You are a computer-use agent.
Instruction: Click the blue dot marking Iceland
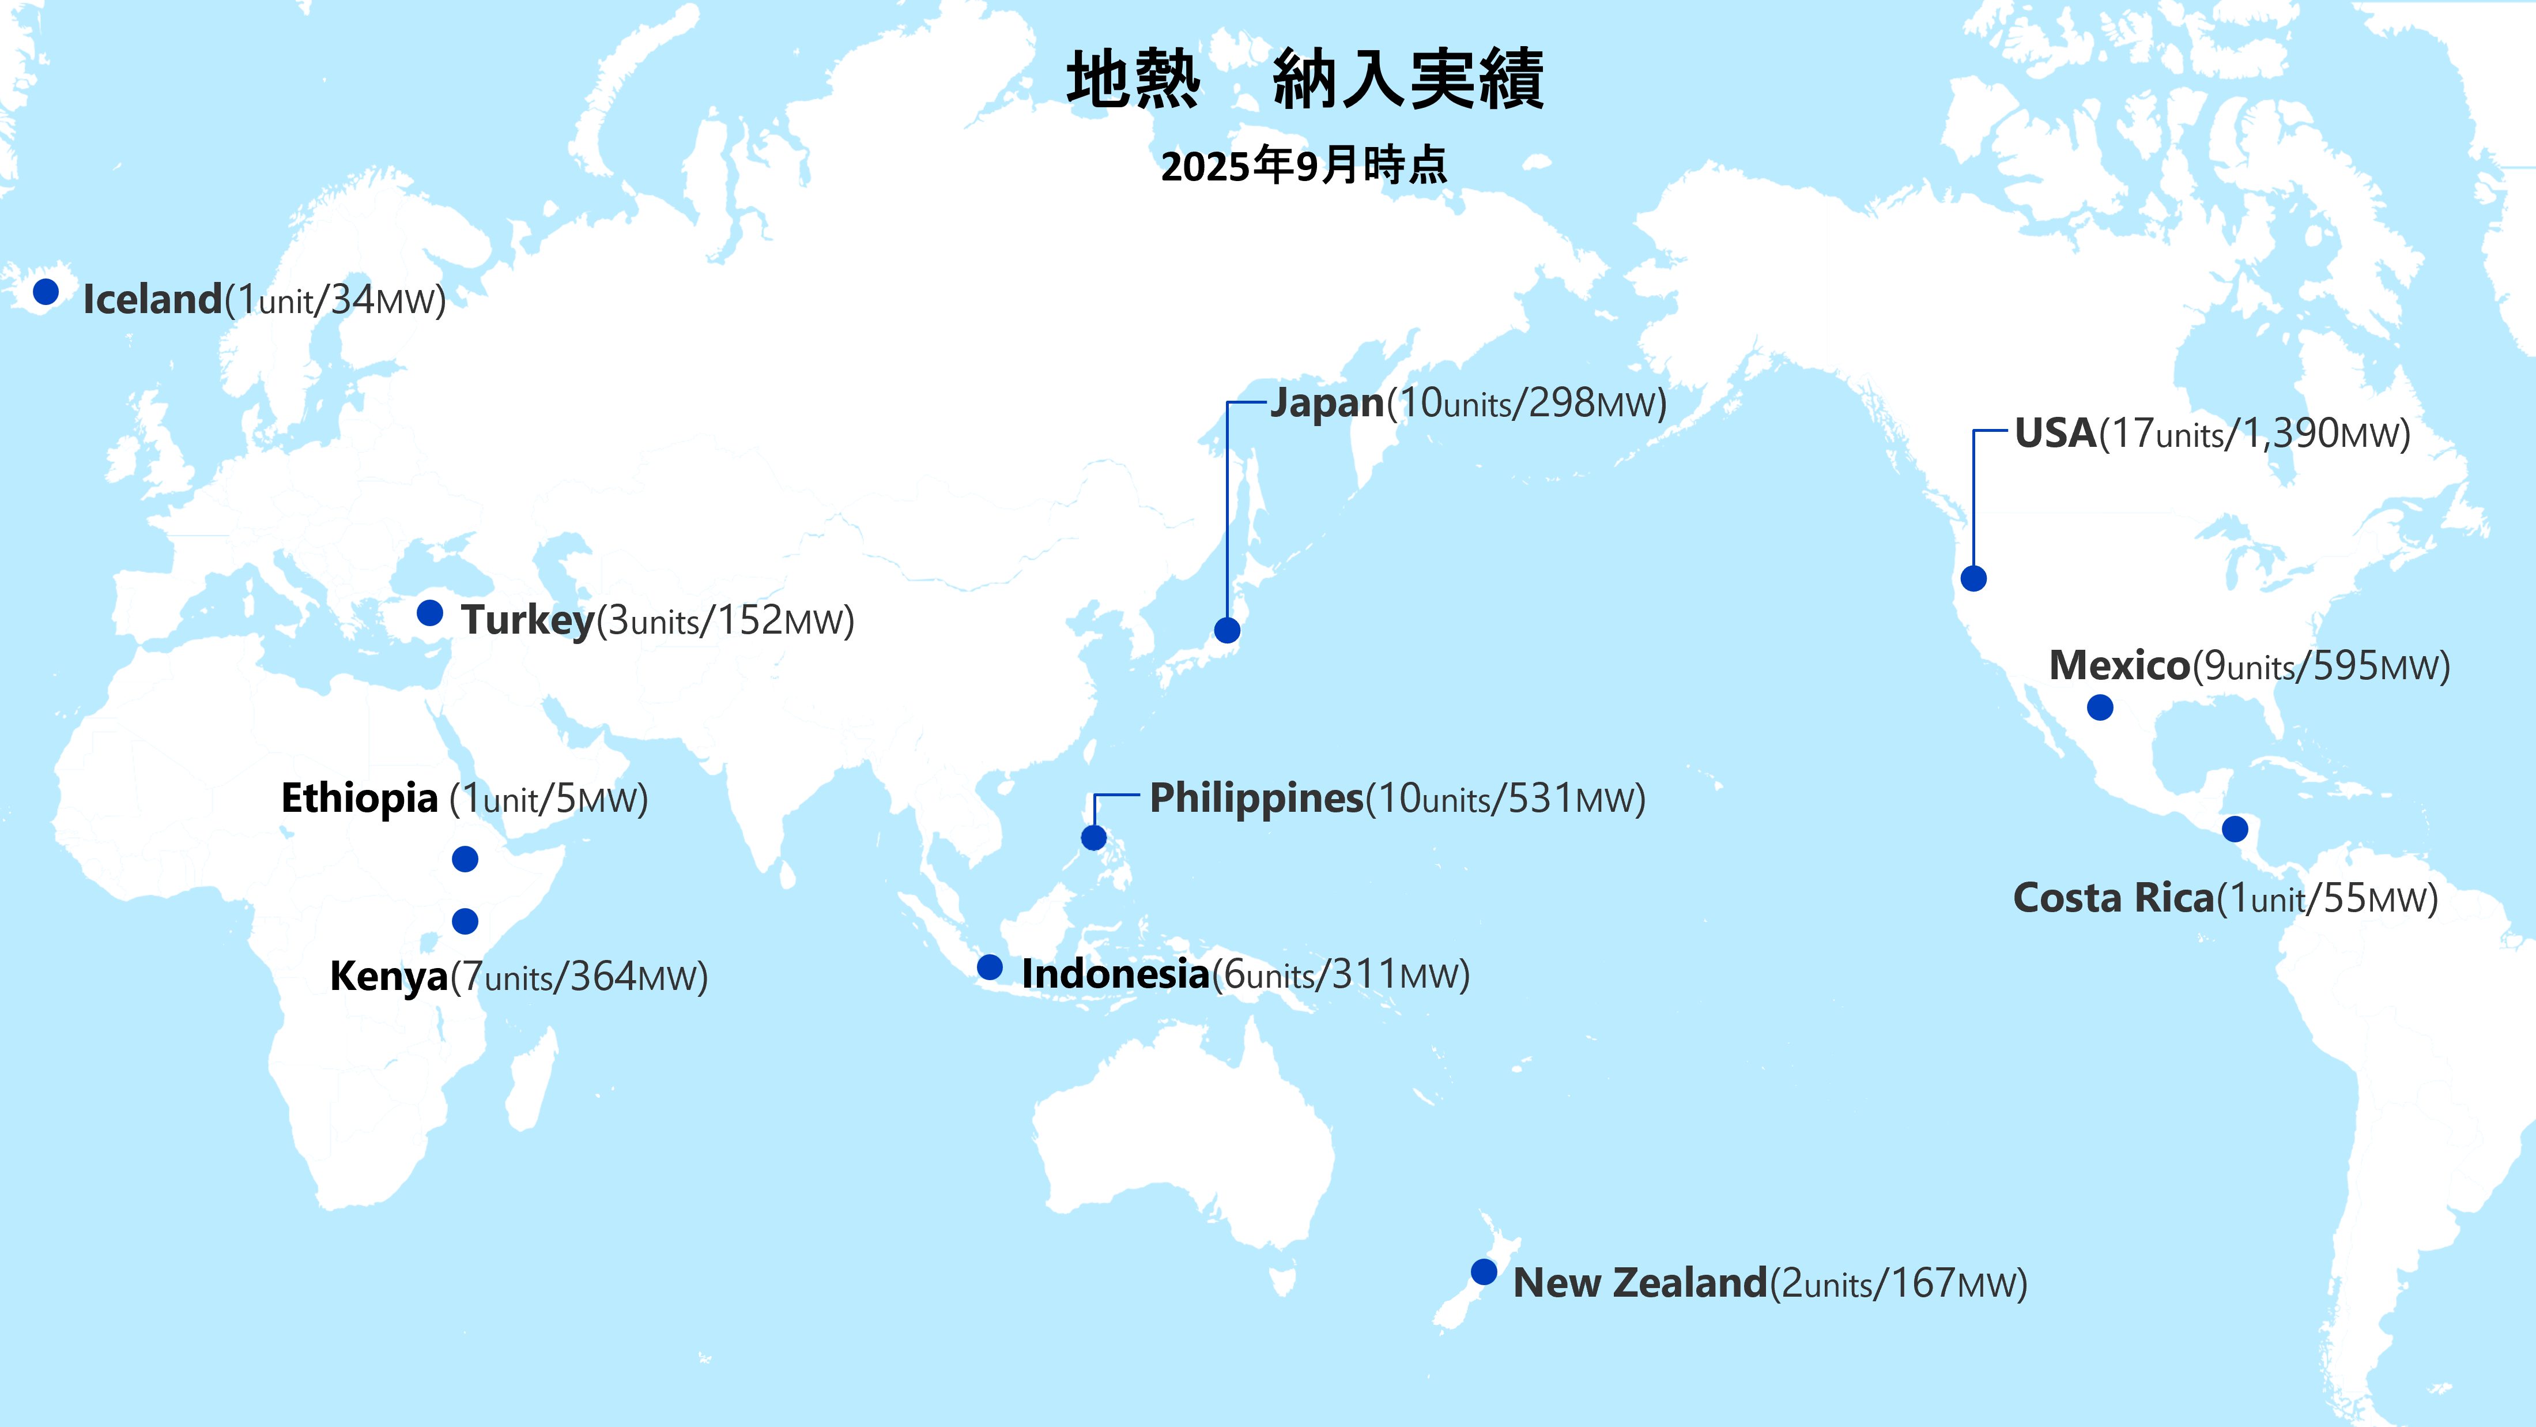46,292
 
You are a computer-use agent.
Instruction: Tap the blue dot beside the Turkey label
429,612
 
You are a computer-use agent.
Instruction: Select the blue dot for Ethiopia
465,859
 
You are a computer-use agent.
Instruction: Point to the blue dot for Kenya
465,921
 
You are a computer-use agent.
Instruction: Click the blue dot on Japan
1227,630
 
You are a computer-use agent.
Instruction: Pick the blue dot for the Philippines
1094,838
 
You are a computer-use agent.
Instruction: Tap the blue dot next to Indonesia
990,967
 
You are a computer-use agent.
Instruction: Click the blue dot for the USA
1973,578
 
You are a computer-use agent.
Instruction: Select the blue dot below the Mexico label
2100,707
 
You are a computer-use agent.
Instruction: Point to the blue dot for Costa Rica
2235,829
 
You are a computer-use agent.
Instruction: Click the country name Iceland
153,299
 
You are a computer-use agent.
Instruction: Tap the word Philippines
1256,799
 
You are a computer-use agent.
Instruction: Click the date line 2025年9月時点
1303,165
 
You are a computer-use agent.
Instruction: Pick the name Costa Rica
2113,898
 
